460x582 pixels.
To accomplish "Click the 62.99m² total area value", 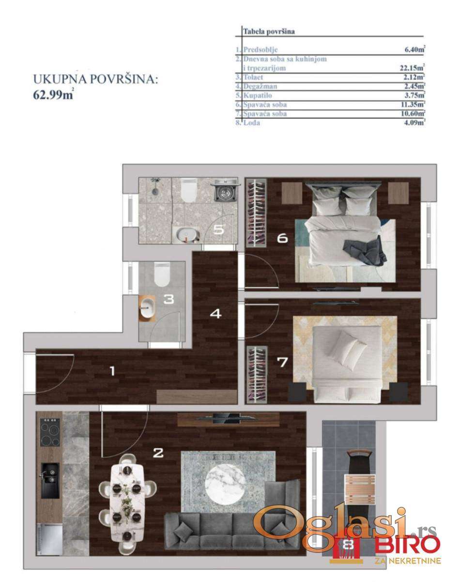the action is [53, 95].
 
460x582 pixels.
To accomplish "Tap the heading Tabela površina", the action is [269, 32].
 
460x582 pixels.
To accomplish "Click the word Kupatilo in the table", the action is [258, 96].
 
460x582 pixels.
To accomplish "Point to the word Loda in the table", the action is [252, 123].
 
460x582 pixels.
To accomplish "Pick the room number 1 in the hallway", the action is [112, 371].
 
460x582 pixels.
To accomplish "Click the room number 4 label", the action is [216, 314].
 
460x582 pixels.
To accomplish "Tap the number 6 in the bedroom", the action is [282, 238].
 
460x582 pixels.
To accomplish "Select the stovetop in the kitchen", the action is [50, 433].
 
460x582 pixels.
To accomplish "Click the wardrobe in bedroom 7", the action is [257, 374].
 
